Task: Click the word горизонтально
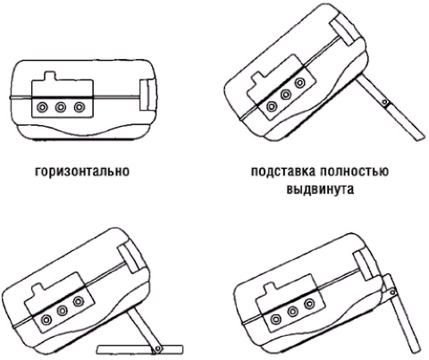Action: pos(82,172)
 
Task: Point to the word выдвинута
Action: pos(320,189)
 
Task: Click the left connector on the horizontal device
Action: pos(42,107)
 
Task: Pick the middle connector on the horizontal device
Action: pos(61,107)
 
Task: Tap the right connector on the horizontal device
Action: pos(80,107)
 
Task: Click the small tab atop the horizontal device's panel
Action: pos(50,76)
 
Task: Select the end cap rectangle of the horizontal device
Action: pos(147,96)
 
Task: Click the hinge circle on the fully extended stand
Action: pos(385,103)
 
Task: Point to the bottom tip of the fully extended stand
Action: pos(421,138)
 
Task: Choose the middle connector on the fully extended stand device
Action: pos(286,95)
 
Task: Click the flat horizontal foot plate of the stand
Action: pos(140,349)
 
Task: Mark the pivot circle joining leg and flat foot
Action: pos(157,348)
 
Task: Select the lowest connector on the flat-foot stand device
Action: pos(46,321)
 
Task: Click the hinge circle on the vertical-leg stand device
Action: pos(392,292)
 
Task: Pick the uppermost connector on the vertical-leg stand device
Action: pos(309,304)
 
